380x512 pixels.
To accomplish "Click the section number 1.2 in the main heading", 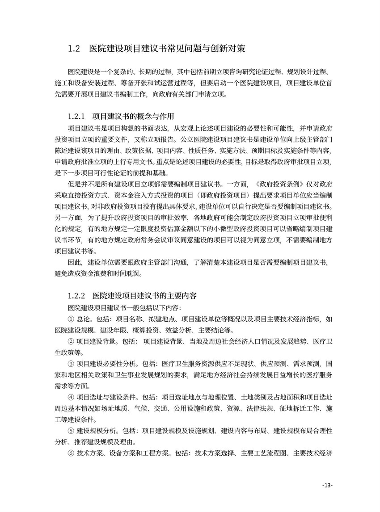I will [74, 49].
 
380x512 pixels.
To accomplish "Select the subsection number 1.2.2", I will [76, 296].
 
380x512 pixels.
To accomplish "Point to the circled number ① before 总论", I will [71, 319].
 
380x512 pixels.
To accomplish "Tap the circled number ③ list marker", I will [71, 364].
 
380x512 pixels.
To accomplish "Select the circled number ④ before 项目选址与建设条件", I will [71, 397].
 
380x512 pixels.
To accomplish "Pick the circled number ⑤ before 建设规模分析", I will [71, 431].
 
